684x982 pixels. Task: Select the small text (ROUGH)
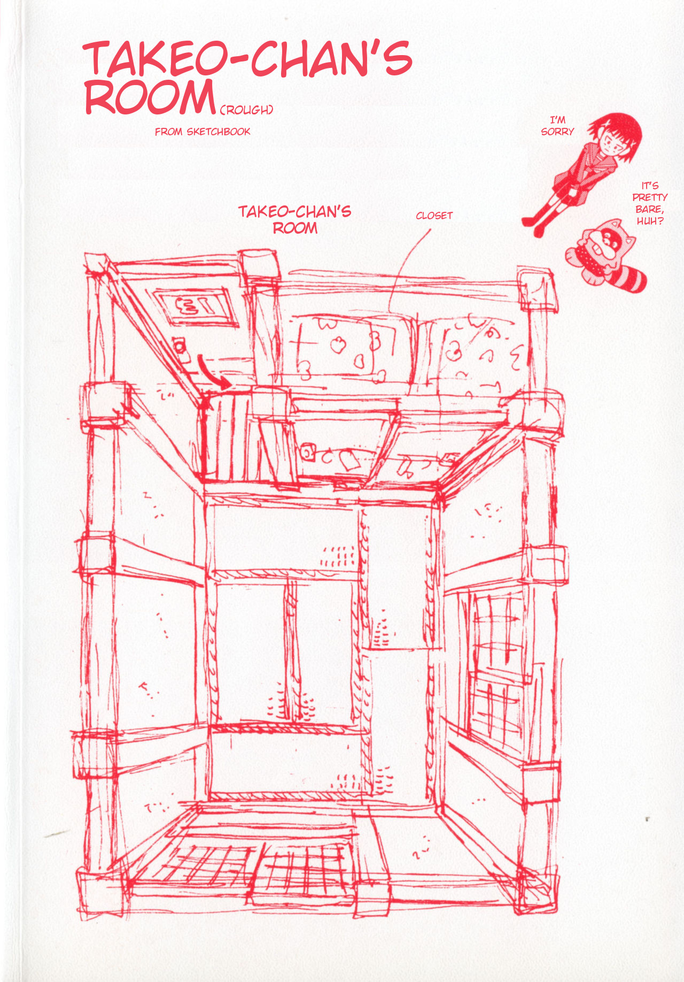click(x=246, y=110)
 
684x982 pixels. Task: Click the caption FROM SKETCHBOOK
click(x=203, y=132)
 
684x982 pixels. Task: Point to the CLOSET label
click(x=434, y=216)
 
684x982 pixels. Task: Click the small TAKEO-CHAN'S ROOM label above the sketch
click(x=295, y=219)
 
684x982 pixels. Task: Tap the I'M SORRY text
click(x=557, y=126)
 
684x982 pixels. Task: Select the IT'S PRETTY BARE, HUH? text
click(x=650, y=203)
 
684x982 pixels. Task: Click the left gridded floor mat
click(x=206, y=866)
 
